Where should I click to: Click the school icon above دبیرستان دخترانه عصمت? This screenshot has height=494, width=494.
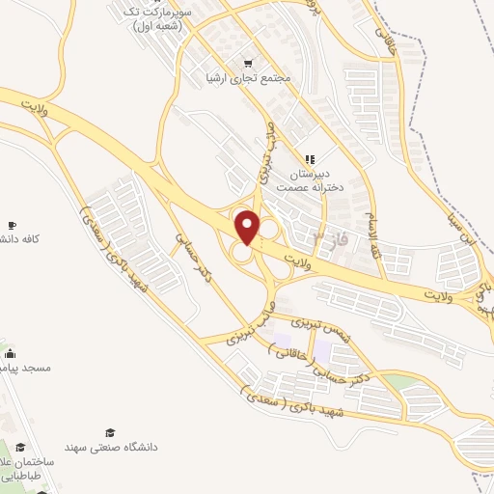tap(310, 158)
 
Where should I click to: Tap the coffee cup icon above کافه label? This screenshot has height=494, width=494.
tap(11, 225)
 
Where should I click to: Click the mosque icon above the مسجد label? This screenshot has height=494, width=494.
tap(11, 354)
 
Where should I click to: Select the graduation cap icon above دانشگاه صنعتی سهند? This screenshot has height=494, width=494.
tap(109, 432)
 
